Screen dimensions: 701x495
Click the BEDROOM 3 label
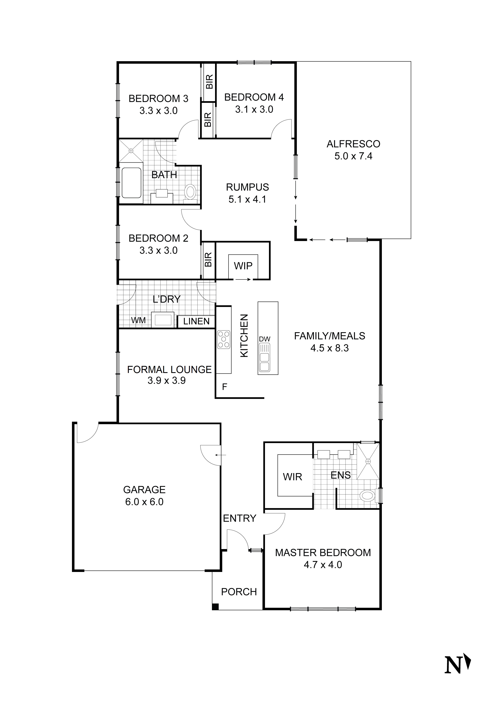point(158,99)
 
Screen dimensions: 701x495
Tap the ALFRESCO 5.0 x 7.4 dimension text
point(353,156)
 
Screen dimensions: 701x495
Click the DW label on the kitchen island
point(265,339)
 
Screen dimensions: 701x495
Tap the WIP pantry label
point(243,266)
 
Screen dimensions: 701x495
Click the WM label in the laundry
point(138,320)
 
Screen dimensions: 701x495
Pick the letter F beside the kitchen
point(225,387)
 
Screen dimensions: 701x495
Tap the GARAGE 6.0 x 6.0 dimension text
point(144,502)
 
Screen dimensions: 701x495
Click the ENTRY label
point(240,518)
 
